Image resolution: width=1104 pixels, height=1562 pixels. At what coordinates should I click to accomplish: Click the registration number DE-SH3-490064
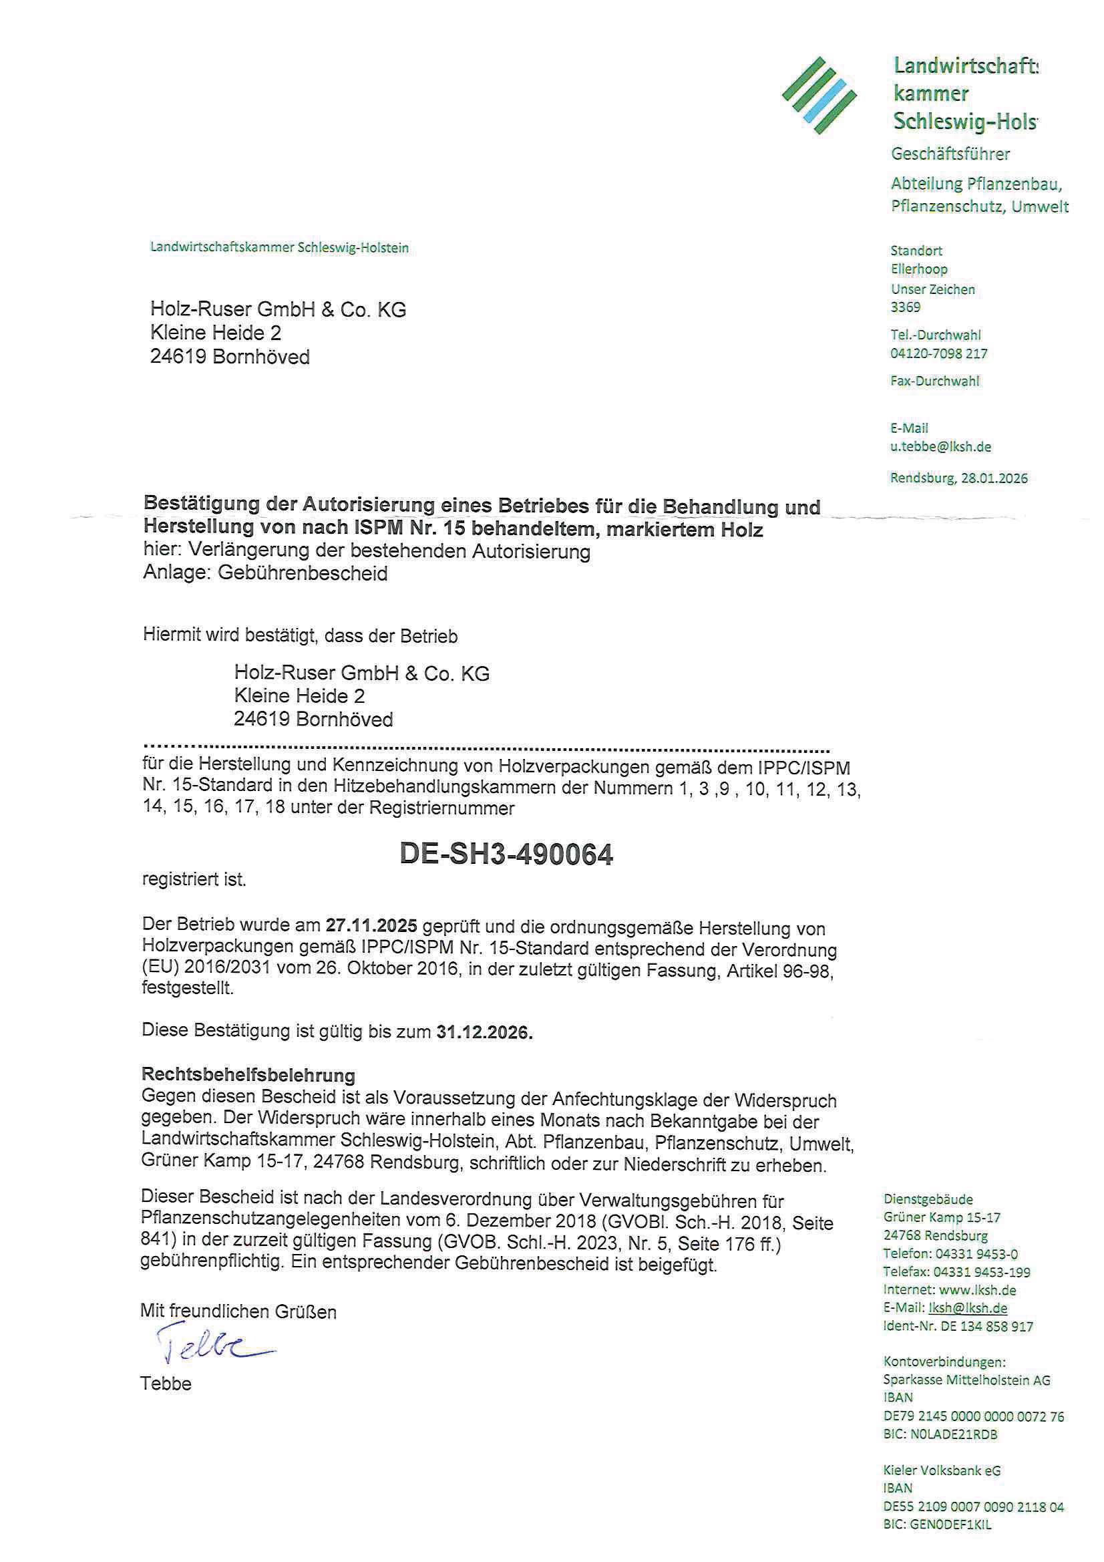(x=506, y=855)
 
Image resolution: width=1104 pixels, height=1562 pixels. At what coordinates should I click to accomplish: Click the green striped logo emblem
(x=819, y=96)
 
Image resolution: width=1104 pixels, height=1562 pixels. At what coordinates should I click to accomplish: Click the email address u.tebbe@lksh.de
(x=941, y=447)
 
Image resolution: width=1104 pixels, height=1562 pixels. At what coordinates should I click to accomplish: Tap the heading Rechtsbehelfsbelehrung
(x=248, y=1076)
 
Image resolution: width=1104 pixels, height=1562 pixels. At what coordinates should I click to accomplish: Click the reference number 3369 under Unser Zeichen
(x=906, y=307)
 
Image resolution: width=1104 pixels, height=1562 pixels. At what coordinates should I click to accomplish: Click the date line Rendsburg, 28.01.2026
(x=958, y=478)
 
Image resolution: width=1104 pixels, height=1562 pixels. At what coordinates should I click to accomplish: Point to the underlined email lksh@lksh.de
(x=967, y=1307)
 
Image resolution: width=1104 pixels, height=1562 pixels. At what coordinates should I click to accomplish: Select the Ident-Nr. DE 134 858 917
(x=958, y=1326)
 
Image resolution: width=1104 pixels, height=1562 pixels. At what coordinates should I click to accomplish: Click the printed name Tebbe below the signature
(x=166, y=1384)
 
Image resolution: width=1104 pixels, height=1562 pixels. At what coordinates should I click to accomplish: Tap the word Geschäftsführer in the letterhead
(x=950, y=154)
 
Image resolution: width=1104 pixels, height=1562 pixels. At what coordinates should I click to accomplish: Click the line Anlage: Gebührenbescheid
(x=265, y=573)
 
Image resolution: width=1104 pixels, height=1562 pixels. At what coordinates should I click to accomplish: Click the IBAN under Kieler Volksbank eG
(x=973, y=1507)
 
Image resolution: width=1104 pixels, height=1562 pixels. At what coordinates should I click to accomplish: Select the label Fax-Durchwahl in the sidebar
(x=934, y=381)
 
